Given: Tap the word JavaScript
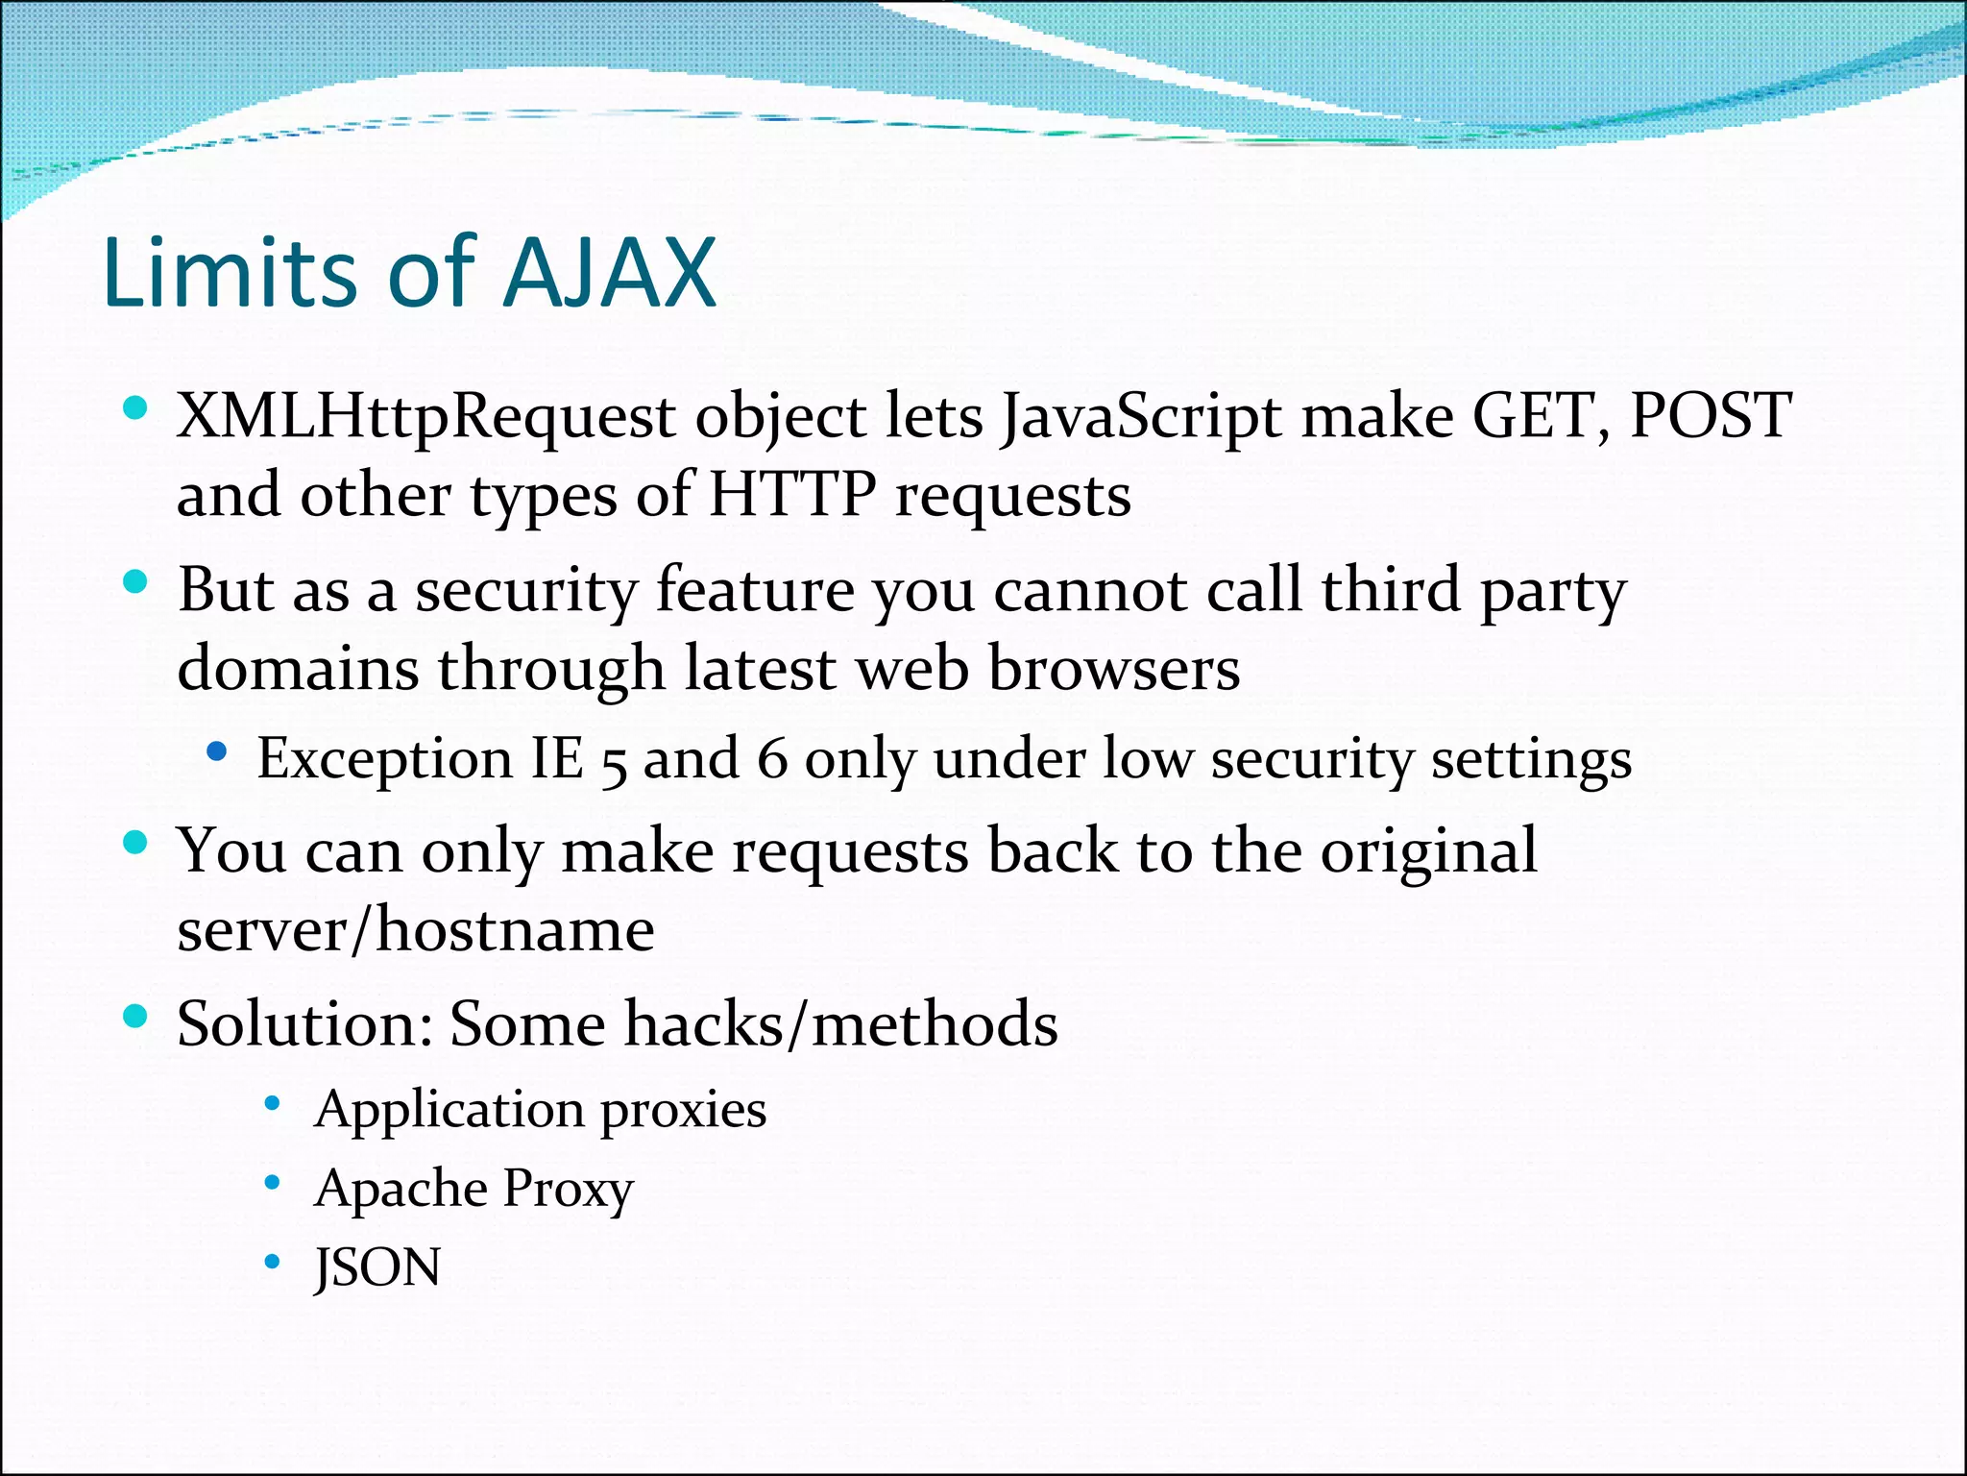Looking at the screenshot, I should pyautogui.click(x=1140, y=417).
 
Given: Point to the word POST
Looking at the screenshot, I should pyautogui.click(x=1711, y=415).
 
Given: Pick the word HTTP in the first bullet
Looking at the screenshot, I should pyautogui.click(x=792, y=495).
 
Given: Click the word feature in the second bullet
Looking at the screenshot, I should pyautogui.click(x=755, y=589).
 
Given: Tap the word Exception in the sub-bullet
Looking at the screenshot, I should pyautogui.click(x=384, y=758).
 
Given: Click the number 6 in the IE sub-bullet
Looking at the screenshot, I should pyautogui.click(x=772, y=758).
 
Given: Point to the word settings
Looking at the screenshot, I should pyautogui.click(x=1531, y=758).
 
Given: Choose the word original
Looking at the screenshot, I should pyautogui.click(x=1428, y=851).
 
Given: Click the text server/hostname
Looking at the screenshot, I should pyautogui.click(x=416, y=930).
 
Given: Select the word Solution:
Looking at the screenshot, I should pyautogui.click(x=304, y=1023).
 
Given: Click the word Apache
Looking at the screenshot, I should pyautogui.click(x=401, y=1190).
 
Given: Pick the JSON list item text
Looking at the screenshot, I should pyautogui.click(x=377, y=1267).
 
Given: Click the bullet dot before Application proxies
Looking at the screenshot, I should pyautogui.click(x=273, y=1104).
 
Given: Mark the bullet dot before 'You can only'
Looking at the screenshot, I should pyautogui.click(x=135, y=844).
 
